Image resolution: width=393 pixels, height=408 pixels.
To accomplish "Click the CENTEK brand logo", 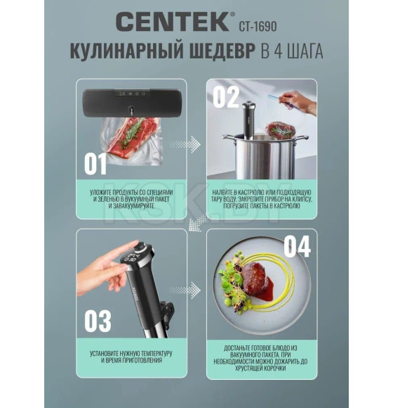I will (x=172, y=21).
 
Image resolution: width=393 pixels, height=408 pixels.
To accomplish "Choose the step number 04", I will (x=296, y=247).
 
